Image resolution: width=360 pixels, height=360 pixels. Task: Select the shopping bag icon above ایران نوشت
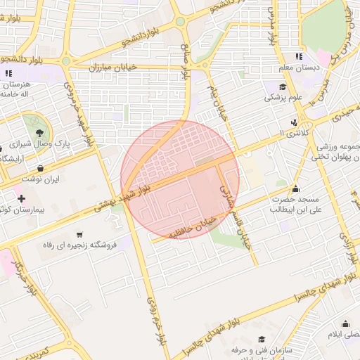click(x=42, y=169)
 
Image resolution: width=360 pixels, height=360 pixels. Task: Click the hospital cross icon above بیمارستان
click(x=22, y=198)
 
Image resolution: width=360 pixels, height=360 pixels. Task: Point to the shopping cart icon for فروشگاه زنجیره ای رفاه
click(x=79, y=234)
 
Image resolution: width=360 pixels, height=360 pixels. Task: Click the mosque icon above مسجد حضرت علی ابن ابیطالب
click(x=295, y=188)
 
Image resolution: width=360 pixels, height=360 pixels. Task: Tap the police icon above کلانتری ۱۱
click(x=294, y=122)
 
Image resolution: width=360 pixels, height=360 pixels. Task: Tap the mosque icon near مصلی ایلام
click(x=346, y=323)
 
